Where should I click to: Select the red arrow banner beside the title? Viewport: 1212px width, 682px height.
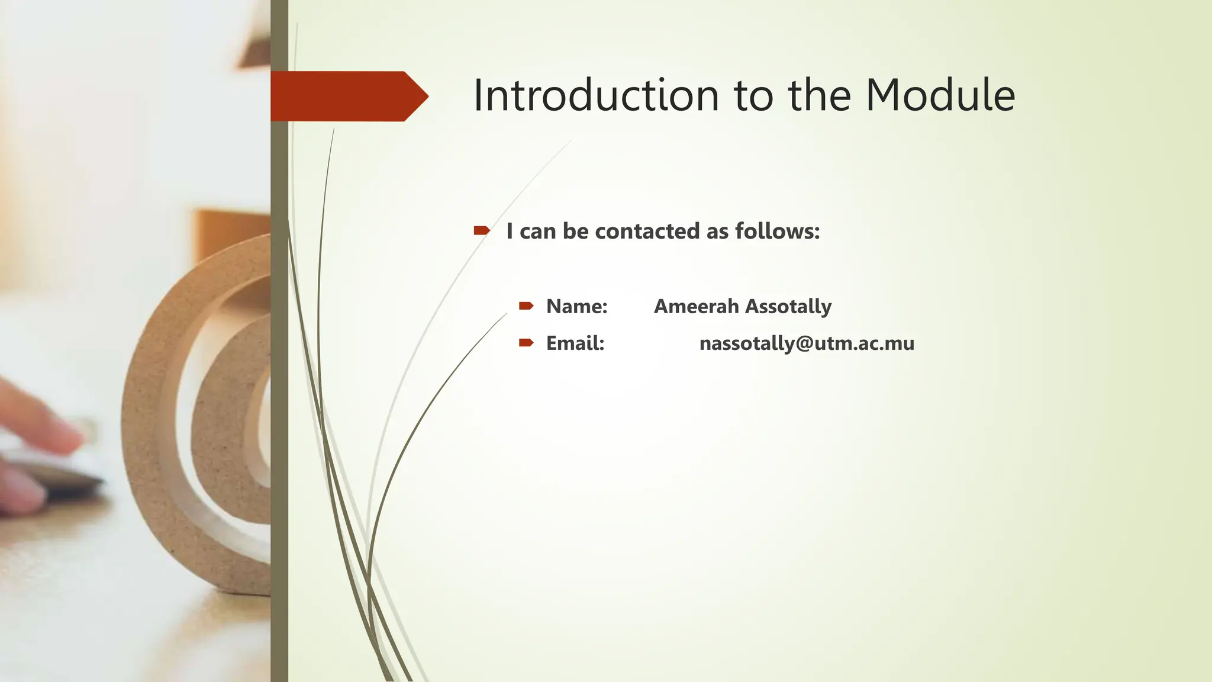click(346, 96)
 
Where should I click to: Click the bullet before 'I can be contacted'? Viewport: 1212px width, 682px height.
click(481, 230)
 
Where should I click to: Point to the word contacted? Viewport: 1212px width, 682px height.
click(647, 231)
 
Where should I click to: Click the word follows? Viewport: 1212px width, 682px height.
click(777, 231)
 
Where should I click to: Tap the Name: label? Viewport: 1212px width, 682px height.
click(576, 306)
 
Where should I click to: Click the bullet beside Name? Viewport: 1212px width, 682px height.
click(526, 306)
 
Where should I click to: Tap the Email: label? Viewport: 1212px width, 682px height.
click(575, 343)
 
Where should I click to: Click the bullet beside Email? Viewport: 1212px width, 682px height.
click(526, 343)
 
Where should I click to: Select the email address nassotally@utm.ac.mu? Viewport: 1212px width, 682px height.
click(806, 343)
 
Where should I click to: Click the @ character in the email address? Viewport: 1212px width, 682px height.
click(804, 343)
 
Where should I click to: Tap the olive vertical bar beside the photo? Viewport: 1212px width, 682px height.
click(279, 414)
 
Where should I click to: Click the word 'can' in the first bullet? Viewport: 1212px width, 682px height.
click(537, 231)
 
